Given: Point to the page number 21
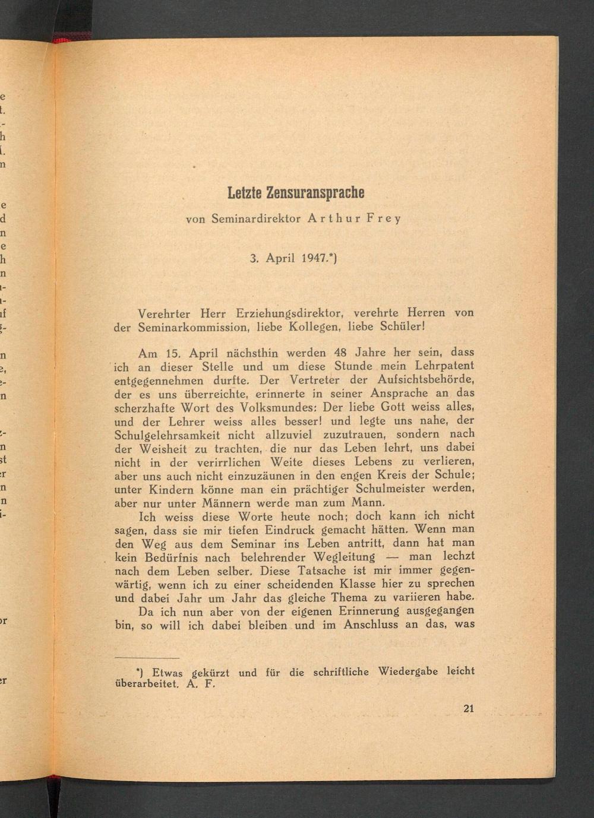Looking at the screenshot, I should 468,708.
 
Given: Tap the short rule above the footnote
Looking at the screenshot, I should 147,658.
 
